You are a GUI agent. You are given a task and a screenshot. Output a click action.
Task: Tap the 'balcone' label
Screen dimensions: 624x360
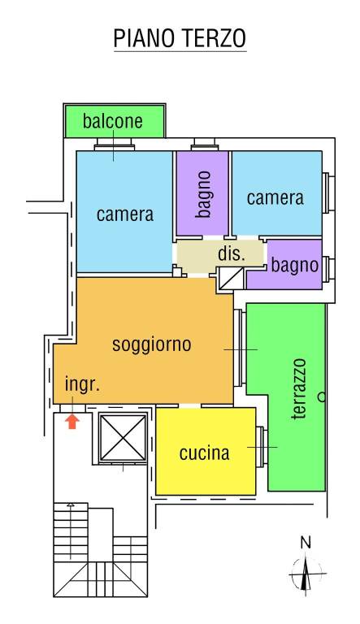(x=113, y=123)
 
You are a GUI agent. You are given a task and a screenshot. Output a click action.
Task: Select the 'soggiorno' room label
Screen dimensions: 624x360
(x=151, y=344)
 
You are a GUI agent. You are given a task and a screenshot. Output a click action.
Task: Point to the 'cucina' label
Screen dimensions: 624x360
(x=204, y=453)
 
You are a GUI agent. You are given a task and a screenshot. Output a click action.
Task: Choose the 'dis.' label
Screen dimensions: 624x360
(x=231, y=253)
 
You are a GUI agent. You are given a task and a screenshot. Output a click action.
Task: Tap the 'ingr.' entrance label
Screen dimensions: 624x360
(x=82, y=385)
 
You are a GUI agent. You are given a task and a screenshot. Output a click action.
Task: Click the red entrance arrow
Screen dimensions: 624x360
(x=72, y=421)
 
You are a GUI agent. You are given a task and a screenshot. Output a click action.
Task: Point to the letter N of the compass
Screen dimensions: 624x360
(x=306, y=542)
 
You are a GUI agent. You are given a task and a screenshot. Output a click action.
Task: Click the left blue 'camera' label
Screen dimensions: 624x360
(x=124, y=214)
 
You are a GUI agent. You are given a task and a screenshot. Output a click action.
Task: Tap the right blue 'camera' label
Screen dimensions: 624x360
(x=275, y=197)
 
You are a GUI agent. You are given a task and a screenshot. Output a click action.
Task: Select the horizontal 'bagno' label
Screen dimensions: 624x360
(x=294, y=264)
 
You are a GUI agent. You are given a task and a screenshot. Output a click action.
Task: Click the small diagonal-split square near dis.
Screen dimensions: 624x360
(x=230, y=280)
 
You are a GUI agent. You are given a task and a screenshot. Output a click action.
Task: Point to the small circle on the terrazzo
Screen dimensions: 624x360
(x=322, y=398)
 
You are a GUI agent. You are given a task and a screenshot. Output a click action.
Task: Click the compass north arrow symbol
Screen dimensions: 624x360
(x=306, y=574)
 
